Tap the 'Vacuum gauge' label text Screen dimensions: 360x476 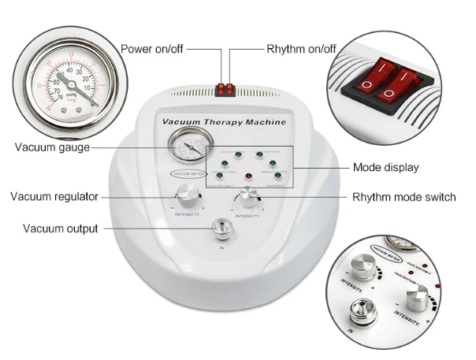[52, 147]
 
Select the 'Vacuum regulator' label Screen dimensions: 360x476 [54, 196]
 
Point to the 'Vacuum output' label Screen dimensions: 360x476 [60, 228]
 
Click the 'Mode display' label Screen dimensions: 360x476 [385, 167]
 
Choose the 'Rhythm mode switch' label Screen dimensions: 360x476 [403, 197]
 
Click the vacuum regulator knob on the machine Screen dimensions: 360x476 [187, 194]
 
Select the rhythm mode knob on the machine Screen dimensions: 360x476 [248, 196]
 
